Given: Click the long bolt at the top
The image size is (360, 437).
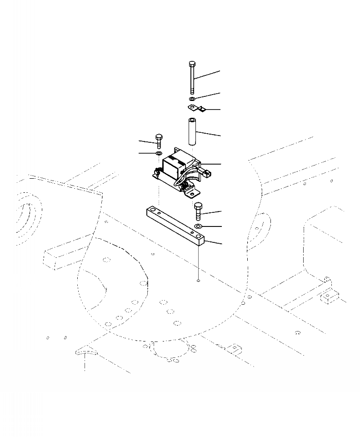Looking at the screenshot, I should coord(192,79).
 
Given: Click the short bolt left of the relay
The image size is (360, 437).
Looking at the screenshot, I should coord(159,141).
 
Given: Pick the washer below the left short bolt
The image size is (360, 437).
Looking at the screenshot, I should coord(159,154).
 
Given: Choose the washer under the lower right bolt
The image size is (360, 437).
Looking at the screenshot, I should coord(199,226).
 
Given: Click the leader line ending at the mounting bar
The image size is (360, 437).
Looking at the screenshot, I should coord(214,241).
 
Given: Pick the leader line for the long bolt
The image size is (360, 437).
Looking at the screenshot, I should coord(207,75).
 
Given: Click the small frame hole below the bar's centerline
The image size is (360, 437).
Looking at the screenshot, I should coord(199,281).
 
